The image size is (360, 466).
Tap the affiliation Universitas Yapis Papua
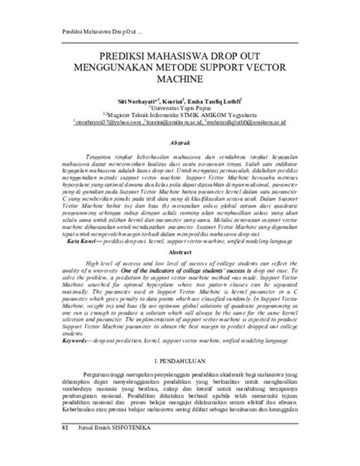180,108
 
